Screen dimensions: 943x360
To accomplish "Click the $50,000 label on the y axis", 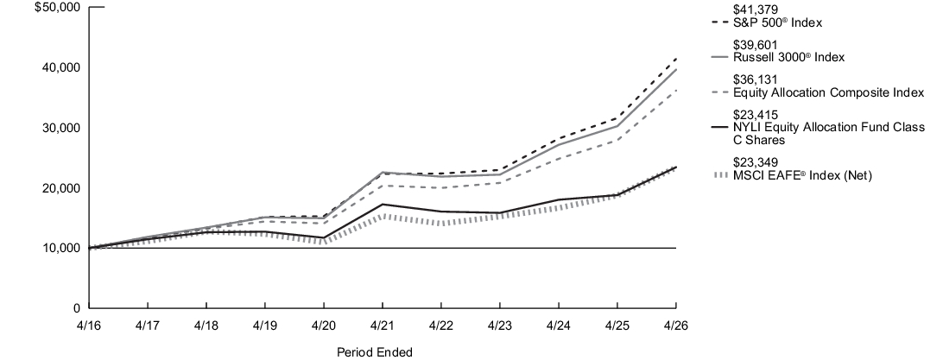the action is (58, 7).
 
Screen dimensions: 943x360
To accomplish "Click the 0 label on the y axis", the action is (76, 307).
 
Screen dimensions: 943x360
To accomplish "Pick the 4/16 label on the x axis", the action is (89, 325).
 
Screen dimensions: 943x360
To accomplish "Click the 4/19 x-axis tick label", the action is (265, 325).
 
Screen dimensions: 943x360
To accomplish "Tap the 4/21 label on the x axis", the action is (383, 325).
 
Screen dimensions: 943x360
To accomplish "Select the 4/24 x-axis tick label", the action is (559, 325).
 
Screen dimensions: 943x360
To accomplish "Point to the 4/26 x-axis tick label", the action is (676, 325).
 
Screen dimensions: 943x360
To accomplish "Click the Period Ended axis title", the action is (375, 352).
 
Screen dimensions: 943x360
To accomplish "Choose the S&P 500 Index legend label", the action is (777, 22).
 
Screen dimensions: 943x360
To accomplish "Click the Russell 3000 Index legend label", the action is (789, 58).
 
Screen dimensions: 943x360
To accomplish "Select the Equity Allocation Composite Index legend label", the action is (828, 92).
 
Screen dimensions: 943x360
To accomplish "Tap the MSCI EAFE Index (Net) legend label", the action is (802, 175).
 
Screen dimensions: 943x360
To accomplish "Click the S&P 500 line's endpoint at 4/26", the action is (676, 59).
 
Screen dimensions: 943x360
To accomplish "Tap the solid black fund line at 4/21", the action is (383, 205).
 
